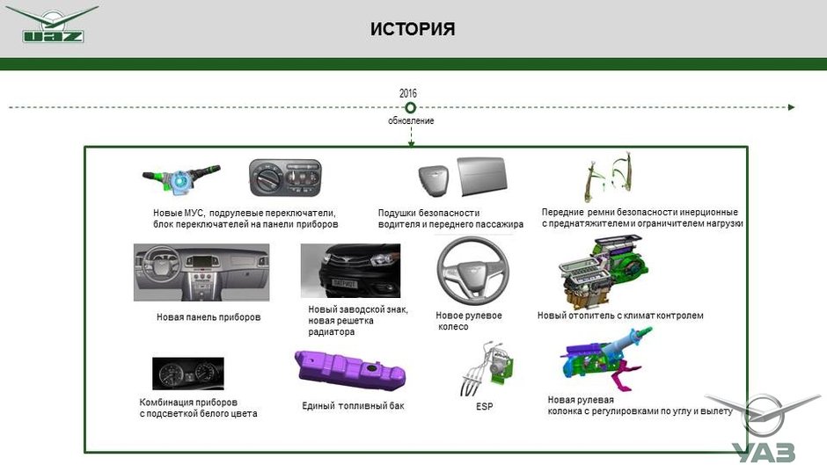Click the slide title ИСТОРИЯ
(x=413, y=30)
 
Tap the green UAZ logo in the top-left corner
(x=52, y=25)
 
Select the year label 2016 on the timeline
(x=407, y=93)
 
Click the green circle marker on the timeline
(x=410, y=107)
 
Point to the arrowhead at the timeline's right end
(x=792, y=107)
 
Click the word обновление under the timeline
(x=411, y=120)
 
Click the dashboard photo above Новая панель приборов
(x=201, y=272)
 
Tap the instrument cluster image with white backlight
(x=187, y=374)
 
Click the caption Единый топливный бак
(x=353, y=405)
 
